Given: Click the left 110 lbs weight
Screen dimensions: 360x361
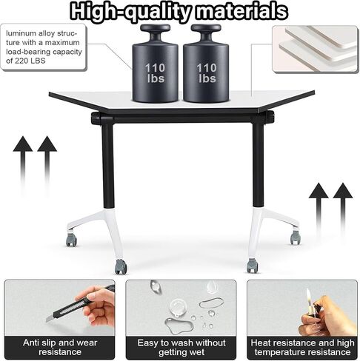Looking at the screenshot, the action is pos(155,64).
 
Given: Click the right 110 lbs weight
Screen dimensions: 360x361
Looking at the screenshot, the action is pos(206,64).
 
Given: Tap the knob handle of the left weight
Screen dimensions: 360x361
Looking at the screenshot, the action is pos(155,28).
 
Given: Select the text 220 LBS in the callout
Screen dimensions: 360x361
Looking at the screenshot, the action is pos(30,61).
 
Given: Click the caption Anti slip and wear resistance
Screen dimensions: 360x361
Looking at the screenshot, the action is pos(60,347).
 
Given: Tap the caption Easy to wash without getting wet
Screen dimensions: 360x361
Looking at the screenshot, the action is pos(181,347).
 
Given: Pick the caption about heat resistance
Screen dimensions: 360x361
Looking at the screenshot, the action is pos(302,347).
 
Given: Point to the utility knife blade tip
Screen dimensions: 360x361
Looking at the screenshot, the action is pos(47,320).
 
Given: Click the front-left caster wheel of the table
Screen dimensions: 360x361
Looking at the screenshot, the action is pos(121,266).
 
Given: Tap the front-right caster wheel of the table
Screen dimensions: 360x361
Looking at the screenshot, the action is pos(252,266).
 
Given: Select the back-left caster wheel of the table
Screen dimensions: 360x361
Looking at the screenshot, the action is pos(71,239).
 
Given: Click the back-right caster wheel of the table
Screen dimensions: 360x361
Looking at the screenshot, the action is pos(296,237).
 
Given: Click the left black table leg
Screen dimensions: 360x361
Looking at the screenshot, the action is pos(108,165).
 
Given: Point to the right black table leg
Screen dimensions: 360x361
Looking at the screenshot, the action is pos(258,164).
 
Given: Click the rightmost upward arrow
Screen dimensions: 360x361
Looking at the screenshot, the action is pos(343,212).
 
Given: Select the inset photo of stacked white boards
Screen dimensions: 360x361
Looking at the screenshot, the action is pos(315,49).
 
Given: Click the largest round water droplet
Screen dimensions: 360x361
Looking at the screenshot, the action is pos(178,307).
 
